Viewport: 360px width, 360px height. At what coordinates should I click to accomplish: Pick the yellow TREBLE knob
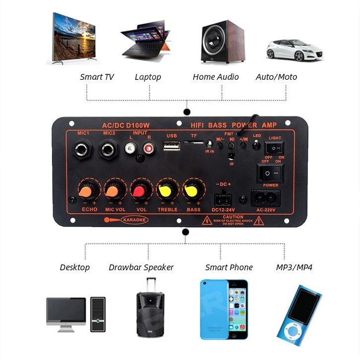pos(166,191)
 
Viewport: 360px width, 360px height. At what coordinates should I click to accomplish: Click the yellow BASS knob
pos(192,191)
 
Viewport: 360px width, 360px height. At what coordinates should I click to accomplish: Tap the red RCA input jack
pos(147,147)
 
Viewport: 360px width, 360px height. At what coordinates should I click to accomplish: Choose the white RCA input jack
pos(131,147)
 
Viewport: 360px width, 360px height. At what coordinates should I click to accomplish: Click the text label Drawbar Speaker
pos(141,267)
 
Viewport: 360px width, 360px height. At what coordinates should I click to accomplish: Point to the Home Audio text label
pos(216,77)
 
